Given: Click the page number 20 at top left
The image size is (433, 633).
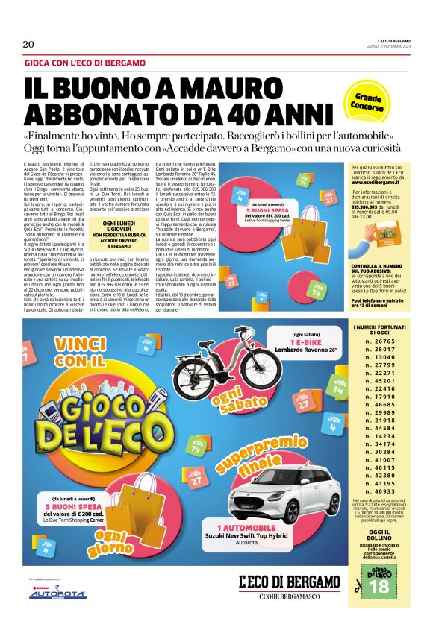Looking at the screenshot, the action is (x=29, y=45).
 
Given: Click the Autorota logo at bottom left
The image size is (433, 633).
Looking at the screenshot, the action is (x=57, y=593).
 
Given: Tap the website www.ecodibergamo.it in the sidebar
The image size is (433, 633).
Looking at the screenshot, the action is (x=374, y=181).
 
